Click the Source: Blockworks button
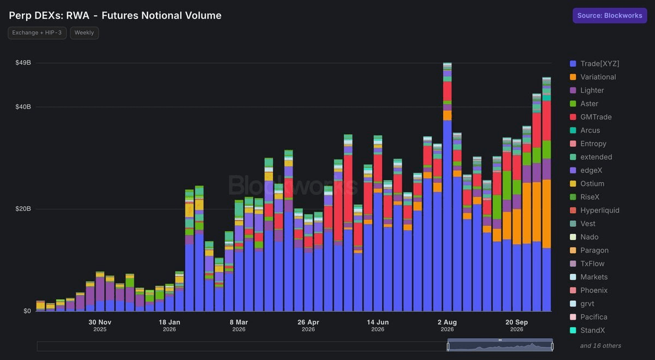610,15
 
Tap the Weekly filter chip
84,33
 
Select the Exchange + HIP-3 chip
37,33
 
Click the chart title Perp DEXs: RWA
49,15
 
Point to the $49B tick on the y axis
23,63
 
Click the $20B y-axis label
23,208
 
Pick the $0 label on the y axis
27,311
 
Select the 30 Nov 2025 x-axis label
100,325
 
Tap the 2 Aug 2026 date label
447,325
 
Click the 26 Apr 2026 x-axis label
308,325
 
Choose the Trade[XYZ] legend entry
595,64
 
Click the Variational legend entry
593,77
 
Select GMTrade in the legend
591,117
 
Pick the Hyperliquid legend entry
595,211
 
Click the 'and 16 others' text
600,346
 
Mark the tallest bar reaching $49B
448,187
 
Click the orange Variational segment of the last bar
546,214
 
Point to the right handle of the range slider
552,346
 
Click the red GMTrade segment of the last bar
546,121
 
